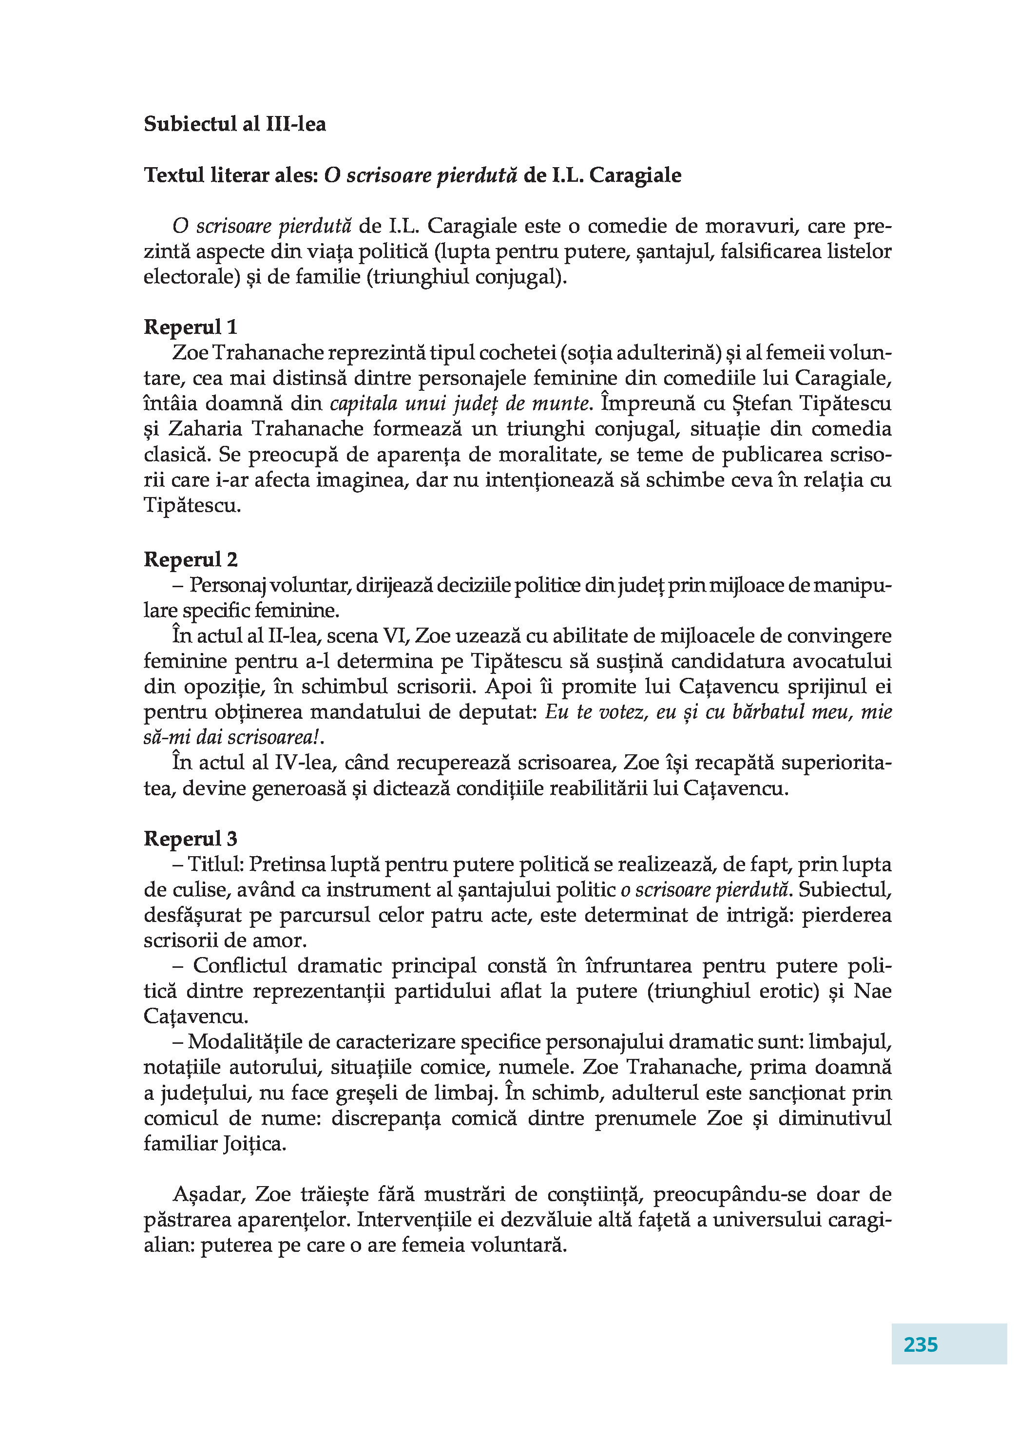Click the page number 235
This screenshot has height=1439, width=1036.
click(x=920, y=1344)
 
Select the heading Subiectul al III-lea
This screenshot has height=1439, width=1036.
click(x=235, y=124)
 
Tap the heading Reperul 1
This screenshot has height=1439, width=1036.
click(x=191, y=327)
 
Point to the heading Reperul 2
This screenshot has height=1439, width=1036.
click(x=191, y=559)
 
